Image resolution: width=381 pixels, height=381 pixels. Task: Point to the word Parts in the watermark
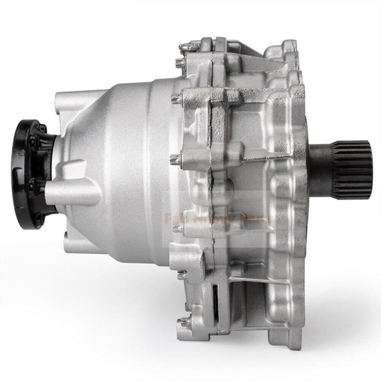click(x=254, y=218)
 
